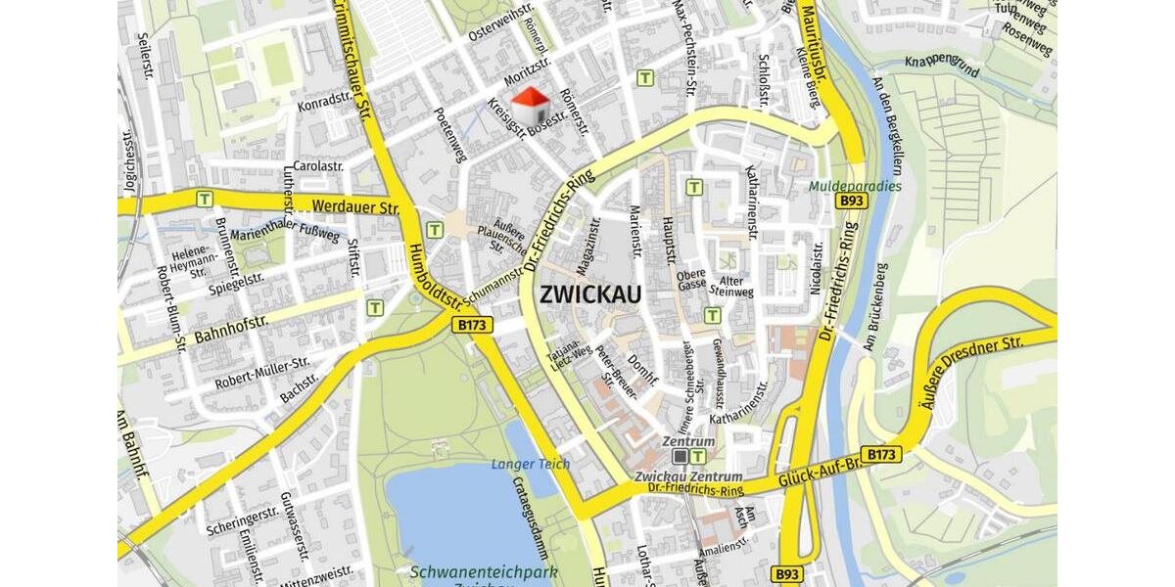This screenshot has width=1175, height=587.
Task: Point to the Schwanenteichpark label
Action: coord(484,571)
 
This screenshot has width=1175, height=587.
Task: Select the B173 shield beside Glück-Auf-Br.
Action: coord(883,455)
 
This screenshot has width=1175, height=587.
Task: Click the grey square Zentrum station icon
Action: coord(681,456)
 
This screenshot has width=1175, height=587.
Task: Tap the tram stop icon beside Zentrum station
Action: coord(698,456)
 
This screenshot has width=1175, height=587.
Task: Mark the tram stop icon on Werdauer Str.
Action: coord(205,199)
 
